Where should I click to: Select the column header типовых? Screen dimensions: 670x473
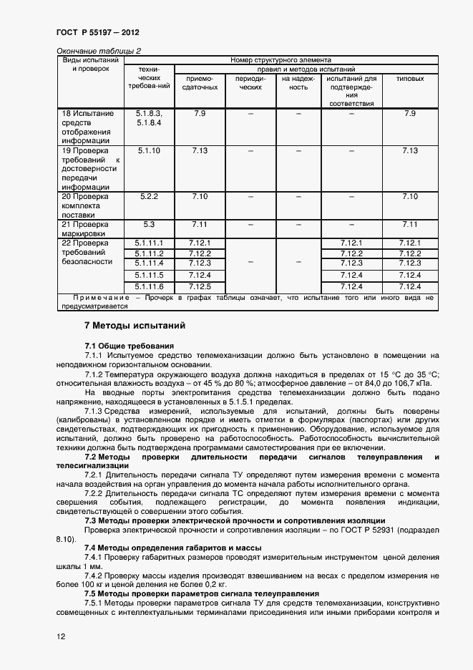[409, 79]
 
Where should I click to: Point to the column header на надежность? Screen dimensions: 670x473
[298, 83]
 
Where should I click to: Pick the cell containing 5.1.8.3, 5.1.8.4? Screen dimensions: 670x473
[149, 118]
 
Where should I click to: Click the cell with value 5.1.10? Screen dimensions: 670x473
[149, 150]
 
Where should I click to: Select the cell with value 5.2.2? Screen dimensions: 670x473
[149, 196]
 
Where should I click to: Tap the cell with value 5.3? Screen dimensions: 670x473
[149, 224]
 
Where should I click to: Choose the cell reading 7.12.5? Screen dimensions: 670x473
[200, 287]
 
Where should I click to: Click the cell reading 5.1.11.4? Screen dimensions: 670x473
[149, 264]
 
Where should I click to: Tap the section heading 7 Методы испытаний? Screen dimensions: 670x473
[135, 326]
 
